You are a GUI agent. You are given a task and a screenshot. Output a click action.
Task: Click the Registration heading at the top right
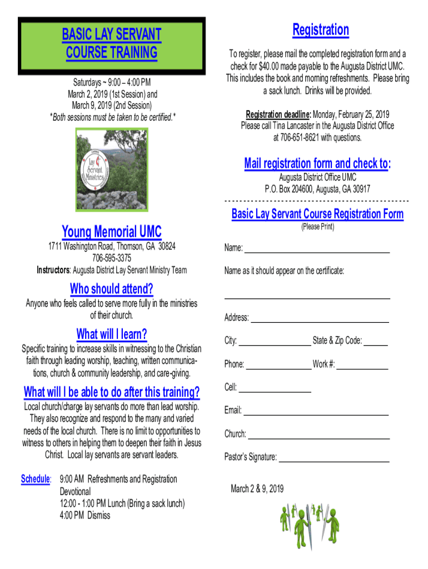321,30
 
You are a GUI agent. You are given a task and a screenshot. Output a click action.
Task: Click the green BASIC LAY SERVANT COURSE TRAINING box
111,43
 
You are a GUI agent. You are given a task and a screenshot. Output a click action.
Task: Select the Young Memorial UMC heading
112,231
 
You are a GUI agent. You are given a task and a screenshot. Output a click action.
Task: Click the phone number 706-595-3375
112,258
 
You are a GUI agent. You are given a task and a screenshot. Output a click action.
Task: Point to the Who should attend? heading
112,289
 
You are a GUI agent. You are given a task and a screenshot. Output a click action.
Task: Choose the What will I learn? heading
112,334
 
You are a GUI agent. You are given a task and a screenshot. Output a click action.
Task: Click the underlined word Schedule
36,479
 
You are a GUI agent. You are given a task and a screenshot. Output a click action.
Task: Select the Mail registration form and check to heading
317,163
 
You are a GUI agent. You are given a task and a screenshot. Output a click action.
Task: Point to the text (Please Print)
317,227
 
